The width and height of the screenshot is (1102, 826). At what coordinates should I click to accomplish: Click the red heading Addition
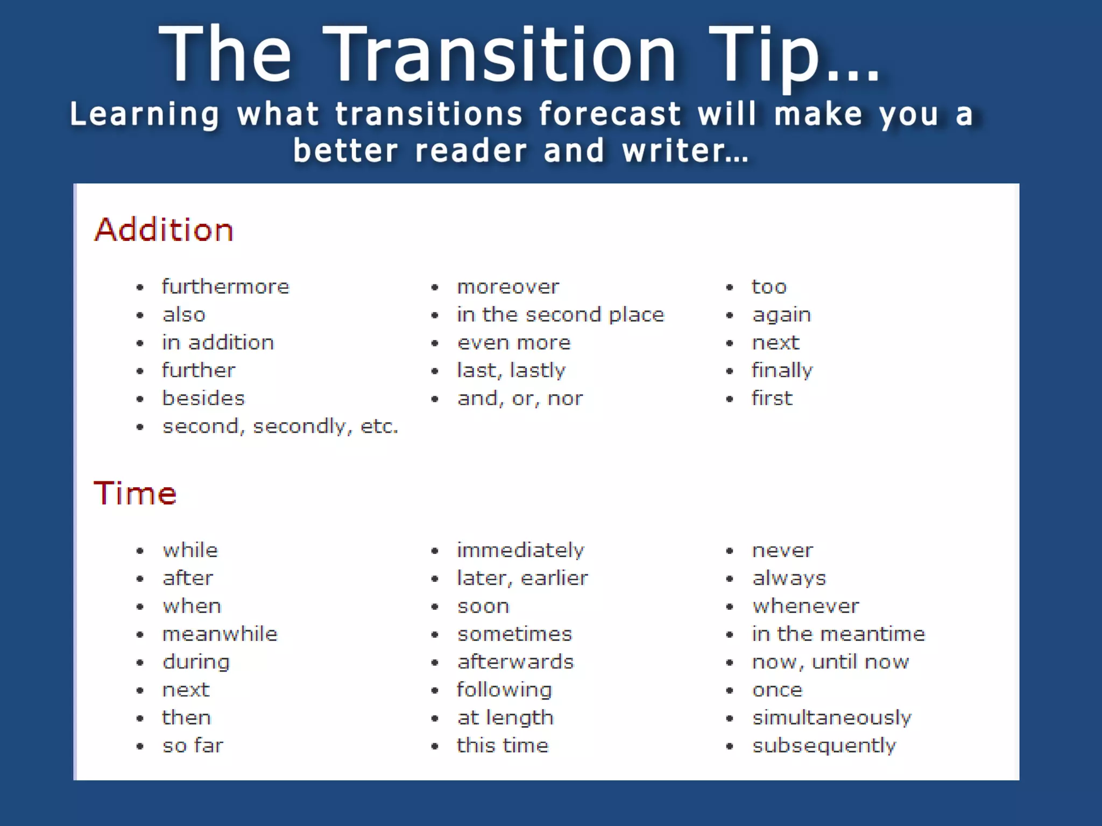164,230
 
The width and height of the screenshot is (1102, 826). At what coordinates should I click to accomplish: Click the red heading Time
135,493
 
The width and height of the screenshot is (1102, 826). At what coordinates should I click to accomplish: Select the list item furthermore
225,287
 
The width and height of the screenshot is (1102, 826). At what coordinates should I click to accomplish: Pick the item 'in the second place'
561,315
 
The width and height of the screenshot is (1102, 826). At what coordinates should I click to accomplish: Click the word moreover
508,287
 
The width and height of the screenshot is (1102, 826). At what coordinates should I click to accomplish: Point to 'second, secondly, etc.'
280,426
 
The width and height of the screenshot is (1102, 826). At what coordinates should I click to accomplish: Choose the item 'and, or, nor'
520,398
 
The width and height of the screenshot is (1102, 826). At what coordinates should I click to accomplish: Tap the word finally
782,371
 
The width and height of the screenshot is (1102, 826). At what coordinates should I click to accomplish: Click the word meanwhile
220,634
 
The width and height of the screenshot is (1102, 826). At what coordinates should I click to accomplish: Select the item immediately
520,550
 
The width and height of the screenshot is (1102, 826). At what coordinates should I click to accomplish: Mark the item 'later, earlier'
522,578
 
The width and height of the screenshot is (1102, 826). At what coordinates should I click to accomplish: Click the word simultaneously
831,718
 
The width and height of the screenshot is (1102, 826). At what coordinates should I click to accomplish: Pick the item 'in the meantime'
838,634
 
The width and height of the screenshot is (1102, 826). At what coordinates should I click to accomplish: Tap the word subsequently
824,746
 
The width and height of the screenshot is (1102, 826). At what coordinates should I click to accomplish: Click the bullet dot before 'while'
140,551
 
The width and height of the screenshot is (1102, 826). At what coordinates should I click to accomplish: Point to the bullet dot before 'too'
730,287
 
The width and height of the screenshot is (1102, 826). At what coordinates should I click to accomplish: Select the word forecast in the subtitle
610,114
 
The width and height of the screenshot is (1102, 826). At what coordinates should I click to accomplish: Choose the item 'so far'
193,746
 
